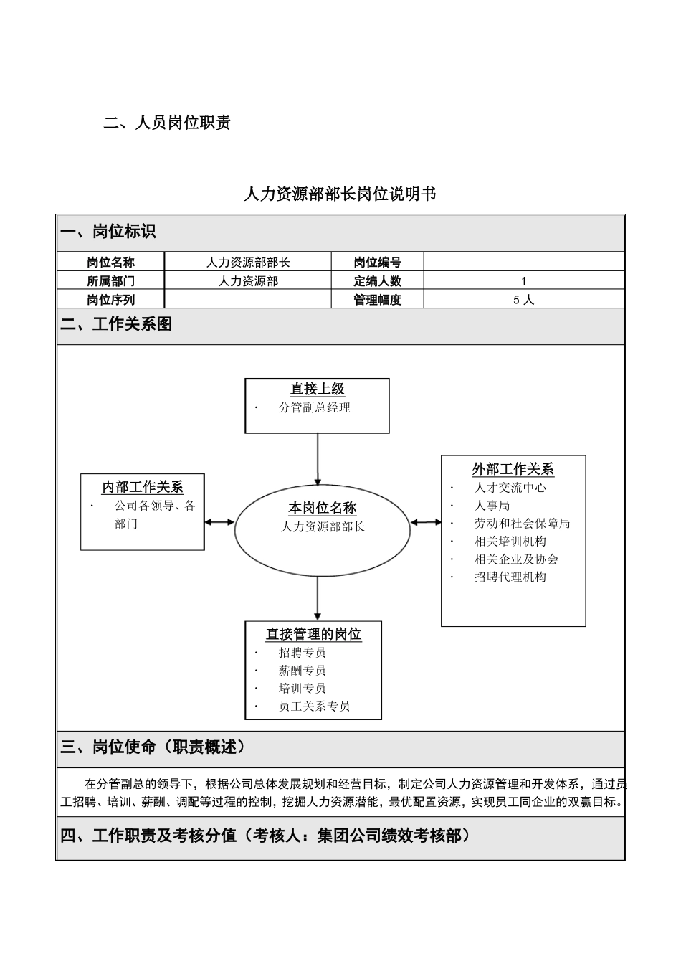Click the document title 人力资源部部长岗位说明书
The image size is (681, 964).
[x=340, y=194]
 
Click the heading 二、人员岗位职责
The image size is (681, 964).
[x=167, y=123]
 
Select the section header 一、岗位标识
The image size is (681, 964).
[x=108, y=232]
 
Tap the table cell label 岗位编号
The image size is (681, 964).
[x=377, y=263]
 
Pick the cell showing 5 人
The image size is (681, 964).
[x=523, y=300]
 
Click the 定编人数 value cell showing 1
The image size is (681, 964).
[x=523, y=281]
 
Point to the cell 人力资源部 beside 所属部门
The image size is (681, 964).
[x=248, y=281]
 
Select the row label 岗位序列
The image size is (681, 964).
[x=110, y=300]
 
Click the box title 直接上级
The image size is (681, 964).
[x=318, y=389]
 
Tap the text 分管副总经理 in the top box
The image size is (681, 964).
[x=315, y=407]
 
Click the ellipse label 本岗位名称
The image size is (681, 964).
[x=323, y=508]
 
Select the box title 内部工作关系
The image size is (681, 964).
[x=142, y=488]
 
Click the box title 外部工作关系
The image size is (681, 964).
[x=513, y=469]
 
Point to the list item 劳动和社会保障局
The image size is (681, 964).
[x=522, y=524]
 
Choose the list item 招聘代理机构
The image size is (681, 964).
[x=510, y=577]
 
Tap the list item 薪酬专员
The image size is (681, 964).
[x=302, y=670]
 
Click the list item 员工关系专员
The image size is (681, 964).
[x=314, y=706]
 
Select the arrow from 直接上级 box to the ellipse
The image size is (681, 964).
[x=318, y=459]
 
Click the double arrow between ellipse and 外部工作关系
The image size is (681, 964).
[x=426, y=522]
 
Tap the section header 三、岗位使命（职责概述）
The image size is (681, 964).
[x=153, y=747]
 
